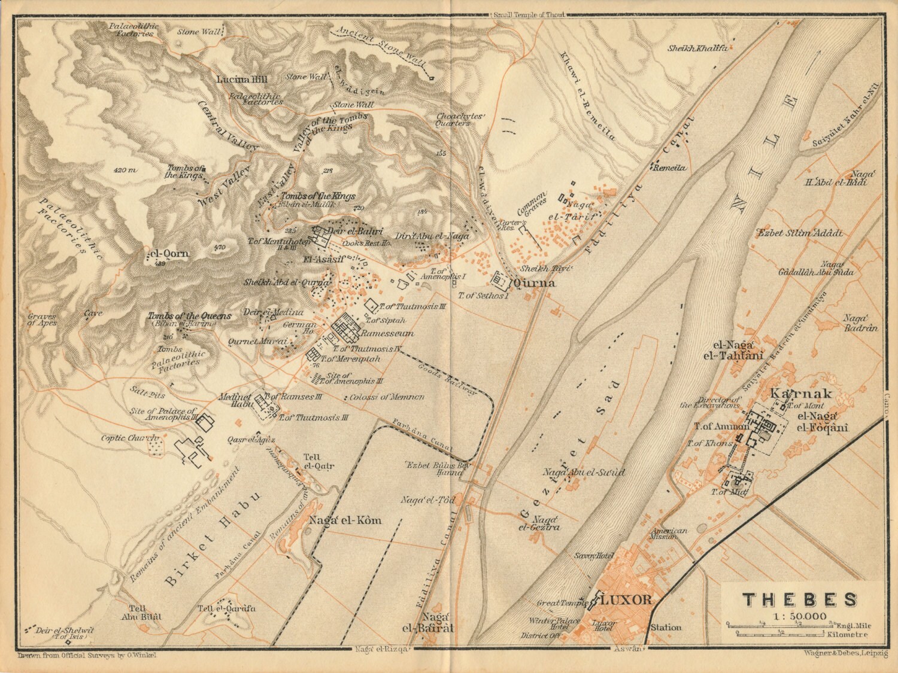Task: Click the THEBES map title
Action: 800,600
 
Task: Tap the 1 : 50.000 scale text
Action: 799,616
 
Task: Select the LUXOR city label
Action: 625,600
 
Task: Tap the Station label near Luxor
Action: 666,628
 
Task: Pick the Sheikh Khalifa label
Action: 697,48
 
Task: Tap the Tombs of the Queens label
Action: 189,316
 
